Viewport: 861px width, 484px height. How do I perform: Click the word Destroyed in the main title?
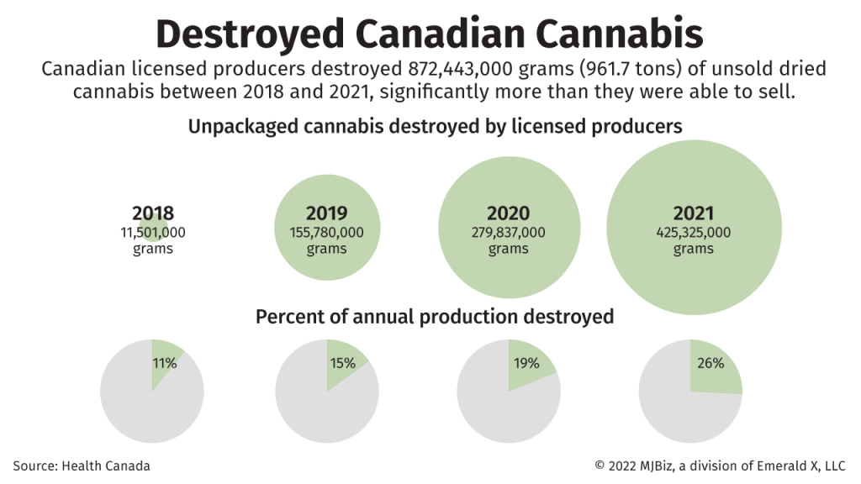[249, 34]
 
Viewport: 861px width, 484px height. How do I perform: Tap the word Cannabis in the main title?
[617, 34]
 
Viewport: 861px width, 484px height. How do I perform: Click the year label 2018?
[153, 213]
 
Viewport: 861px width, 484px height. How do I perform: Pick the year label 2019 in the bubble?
[326, 213]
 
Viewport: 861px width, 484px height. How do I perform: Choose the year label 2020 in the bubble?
[508, 213]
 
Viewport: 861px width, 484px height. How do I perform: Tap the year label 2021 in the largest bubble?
[693, 213]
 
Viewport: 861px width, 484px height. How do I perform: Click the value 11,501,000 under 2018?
[153, 232]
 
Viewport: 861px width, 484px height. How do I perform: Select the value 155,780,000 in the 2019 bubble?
[326, 232]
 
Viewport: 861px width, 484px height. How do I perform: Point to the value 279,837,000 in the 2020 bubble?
[508, 232]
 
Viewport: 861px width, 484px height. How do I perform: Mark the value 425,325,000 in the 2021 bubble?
[693, 232]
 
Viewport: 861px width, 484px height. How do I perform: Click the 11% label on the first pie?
[165, 363]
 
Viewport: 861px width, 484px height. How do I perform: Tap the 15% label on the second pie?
[343, 363]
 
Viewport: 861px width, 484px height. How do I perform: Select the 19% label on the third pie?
[526, 363]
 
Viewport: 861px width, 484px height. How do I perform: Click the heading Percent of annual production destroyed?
[434, 317]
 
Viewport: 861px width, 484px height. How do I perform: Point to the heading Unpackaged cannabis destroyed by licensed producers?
[434, 126]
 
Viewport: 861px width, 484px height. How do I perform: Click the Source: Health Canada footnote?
[82, 465]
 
